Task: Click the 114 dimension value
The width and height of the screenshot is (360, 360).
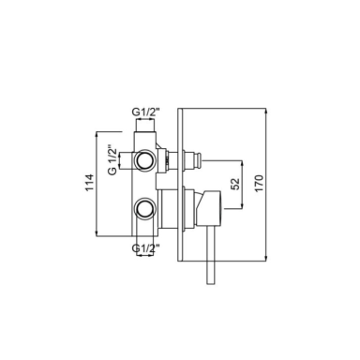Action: tap(89, 183)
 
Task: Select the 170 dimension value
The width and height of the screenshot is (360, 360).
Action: tap(260, 184)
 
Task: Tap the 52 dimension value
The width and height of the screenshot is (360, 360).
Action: tap(236, 184)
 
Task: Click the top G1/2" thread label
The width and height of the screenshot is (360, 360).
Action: tap(146, 112)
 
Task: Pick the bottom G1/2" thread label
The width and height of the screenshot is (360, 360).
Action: tap(146, 248)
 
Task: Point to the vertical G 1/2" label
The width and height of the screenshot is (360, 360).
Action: tap(112, 159)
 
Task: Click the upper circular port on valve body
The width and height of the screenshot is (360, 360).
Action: tap(144, 161)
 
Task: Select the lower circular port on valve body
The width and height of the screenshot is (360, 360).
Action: tap(144, 208)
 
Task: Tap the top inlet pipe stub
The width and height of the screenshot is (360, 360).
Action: tap(144, 126)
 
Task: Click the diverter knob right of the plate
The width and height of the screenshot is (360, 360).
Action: tap(191, 160)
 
